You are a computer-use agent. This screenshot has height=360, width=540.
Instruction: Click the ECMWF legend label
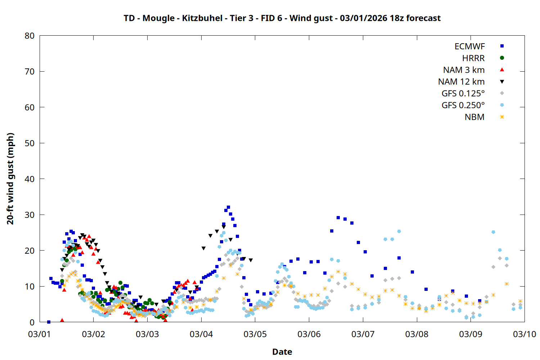[x=469, y=46]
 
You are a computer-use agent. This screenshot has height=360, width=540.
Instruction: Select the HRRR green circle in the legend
[x=502, y=58]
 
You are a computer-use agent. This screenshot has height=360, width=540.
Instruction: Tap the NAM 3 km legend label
[x=464, y=70]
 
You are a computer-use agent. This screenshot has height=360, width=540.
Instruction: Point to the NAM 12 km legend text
[x=461, y=82]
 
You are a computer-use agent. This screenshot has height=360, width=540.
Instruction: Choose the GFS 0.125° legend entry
[x=463, y=94]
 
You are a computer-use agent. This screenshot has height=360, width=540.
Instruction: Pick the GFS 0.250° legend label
[x=463, y=105]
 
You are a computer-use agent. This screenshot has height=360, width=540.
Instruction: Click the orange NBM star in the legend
[x=502, y=117]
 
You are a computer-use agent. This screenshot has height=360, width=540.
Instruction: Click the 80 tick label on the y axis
[x=30, y=36]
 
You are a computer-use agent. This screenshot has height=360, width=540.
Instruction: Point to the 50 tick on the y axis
[x=30, y=143]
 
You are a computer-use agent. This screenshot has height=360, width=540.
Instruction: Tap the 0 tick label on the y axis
[x=32, y=323]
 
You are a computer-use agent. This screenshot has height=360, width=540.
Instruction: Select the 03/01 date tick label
[x=40, y=334]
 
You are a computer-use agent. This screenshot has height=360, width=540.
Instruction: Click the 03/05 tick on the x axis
[x=255, y=334]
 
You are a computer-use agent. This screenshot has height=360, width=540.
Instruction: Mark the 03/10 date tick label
[x=525, y=334]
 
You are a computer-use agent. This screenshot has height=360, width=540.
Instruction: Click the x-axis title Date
[x=282, y=352]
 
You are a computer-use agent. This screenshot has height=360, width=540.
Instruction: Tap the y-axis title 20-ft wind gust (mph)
[x=10, y=179]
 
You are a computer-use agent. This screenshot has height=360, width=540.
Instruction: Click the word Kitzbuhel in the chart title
[x=202, y=18]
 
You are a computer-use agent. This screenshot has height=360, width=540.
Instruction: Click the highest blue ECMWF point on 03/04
[x=228, y=207]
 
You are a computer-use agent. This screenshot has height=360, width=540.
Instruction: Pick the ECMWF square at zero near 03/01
[x=49, y=322]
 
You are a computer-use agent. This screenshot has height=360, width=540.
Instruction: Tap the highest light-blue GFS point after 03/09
[x=493, y=232]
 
